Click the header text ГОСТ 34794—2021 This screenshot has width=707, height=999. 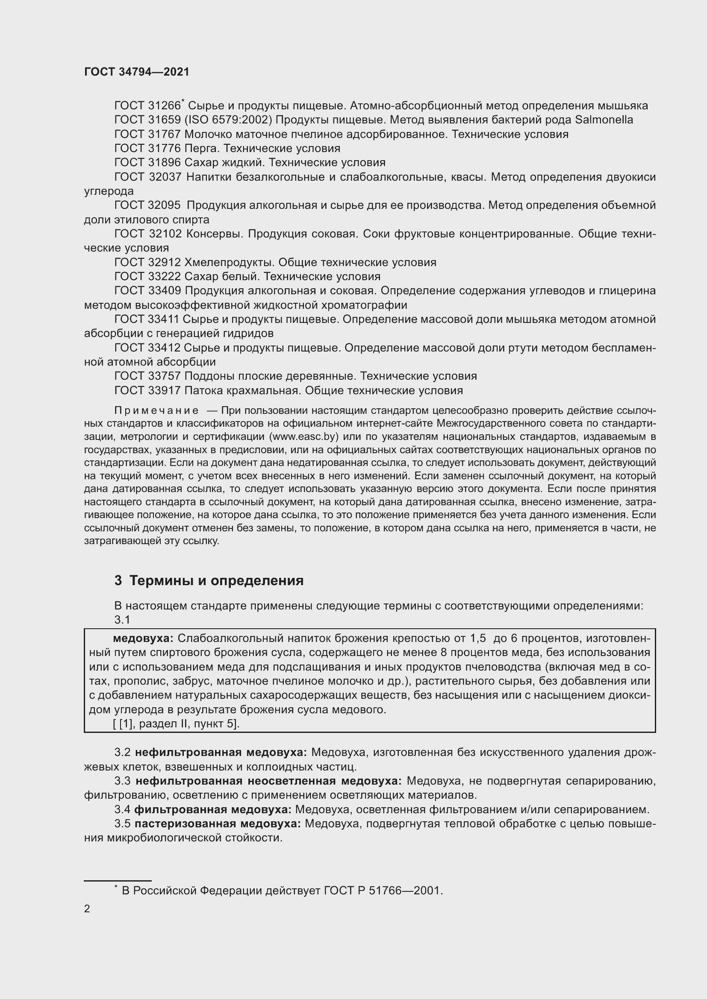pos(137,72)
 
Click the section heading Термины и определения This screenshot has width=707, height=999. pos(216,580)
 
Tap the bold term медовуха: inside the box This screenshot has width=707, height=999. pos(143,638)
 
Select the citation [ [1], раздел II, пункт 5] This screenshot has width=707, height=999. pos(176,724)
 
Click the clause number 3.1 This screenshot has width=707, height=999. pos(122,620)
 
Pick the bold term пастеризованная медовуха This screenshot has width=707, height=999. pos(218,823)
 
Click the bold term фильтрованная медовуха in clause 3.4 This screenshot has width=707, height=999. pos(212,809)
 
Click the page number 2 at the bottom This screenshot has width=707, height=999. pos(87,908)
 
